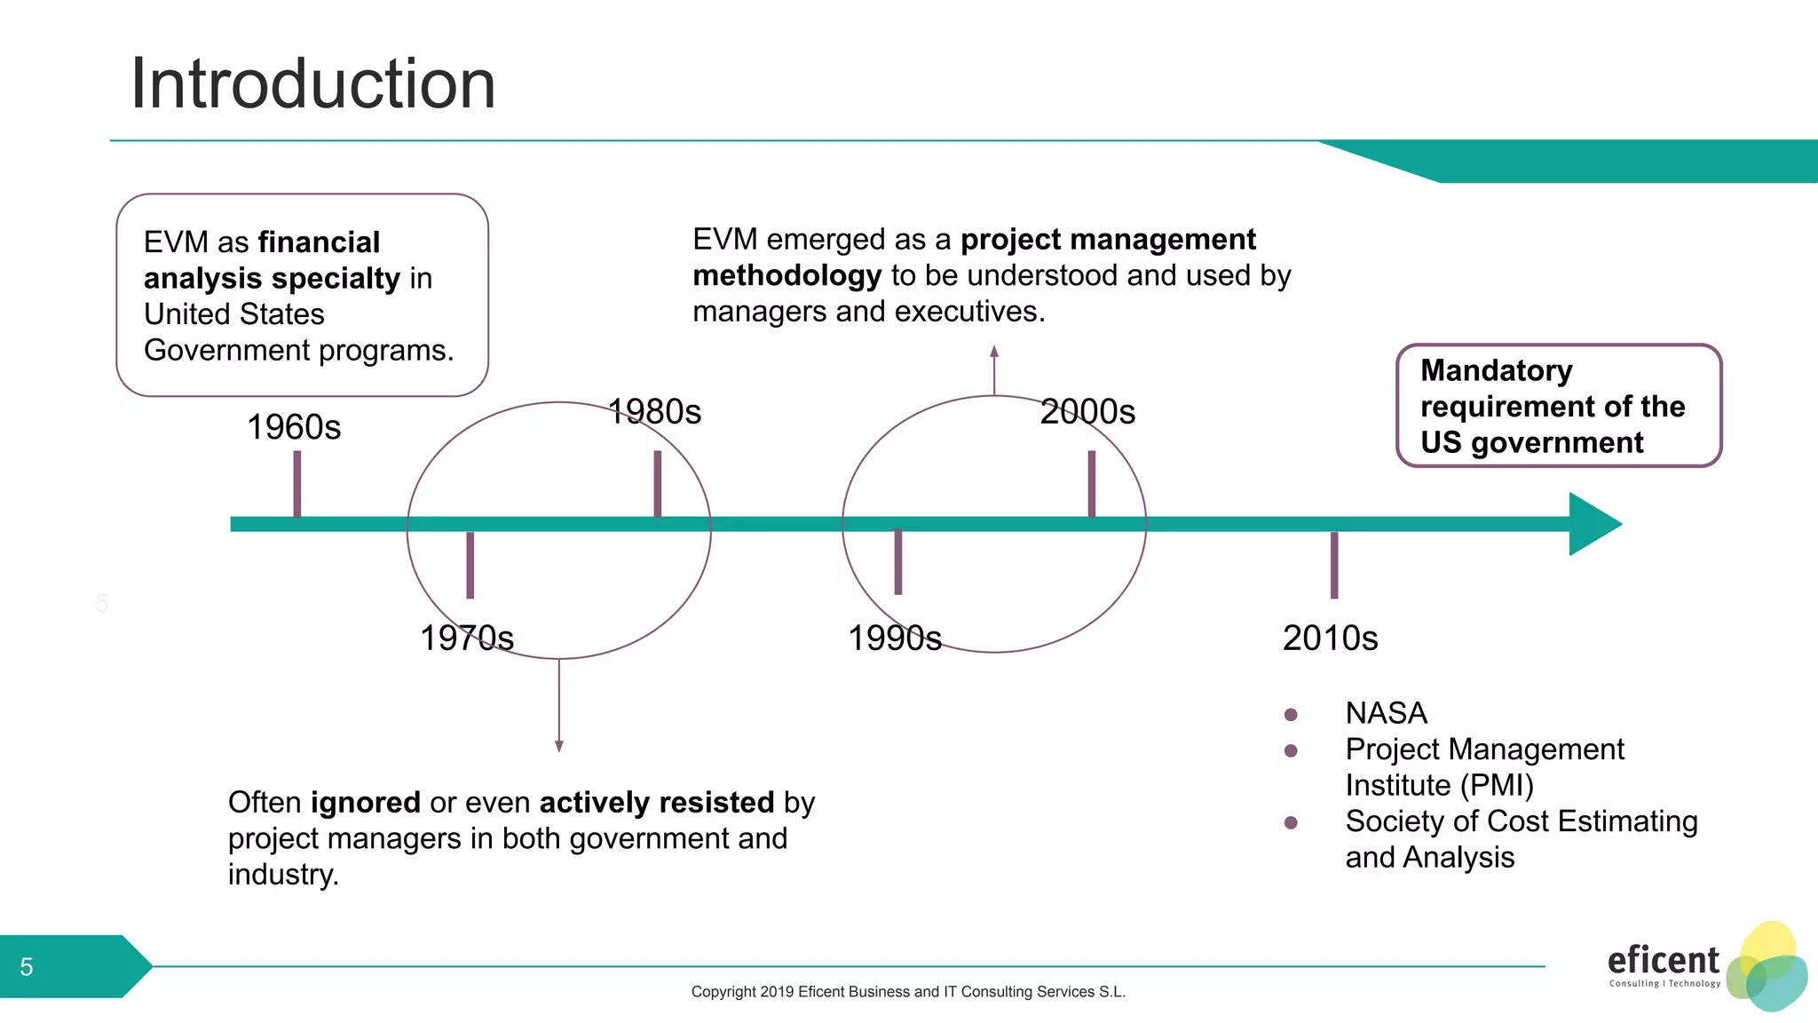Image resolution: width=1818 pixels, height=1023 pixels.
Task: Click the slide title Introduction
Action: coord(312,83)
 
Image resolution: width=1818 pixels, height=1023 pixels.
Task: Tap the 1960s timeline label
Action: coord(294,427)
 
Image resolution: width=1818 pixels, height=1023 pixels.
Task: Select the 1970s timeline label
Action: coord(466,638)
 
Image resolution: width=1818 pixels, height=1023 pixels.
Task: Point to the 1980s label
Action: coord(655,411)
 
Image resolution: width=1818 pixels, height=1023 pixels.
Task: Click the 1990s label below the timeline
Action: coord(894,638)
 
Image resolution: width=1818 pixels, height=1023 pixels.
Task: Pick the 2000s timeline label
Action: coord(1087,411)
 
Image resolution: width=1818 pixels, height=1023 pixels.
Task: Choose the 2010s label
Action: coord(1330,638)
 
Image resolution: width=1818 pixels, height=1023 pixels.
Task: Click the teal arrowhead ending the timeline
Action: coord(1593,524)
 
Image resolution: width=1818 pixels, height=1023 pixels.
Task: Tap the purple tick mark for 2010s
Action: coord(1334,565)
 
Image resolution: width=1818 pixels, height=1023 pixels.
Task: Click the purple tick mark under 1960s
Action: coord(297,484)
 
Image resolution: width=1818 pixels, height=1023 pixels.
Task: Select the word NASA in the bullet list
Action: coord(1386,713)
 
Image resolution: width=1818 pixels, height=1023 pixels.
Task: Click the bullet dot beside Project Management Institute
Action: coord(1291,751)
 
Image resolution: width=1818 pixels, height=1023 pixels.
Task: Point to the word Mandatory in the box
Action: coord(1496,370)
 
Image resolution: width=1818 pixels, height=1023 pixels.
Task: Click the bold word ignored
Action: coord(365,802)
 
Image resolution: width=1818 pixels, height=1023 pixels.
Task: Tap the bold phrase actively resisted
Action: coord(657,802)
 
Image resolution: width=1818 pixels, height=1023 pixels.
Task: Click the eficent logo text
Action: coord(1663,961)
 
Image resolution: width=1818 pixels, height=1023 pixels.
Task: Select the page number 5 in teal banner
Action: coord(27,967)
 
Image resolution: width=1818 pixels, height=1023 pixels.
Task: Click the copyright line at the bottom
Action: coord(908,992)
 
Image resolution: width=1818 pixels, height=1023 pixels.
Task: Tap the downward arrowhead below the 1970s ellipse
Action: coord(559,746)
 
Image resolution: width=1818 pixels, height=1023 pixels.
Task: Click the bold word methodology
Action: coord(786,275)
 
